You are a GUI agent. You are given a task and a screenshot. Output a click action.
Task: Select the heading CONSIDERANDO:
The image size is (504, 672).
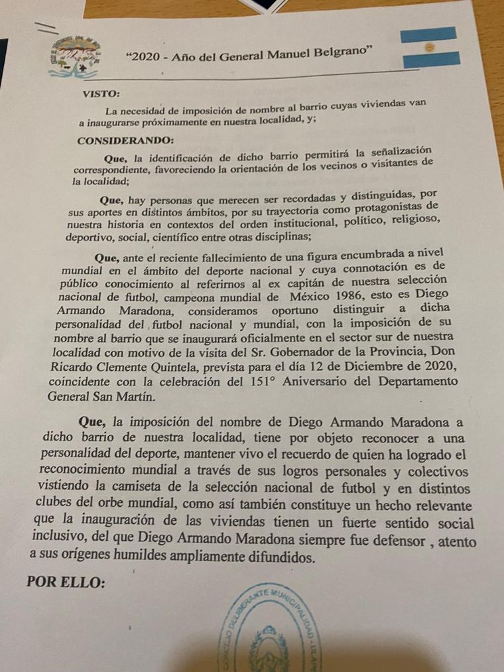tap(116, 141)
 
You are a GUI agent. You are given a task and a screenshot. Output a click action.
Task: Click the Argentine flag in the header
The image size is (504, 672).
tap(429, 47)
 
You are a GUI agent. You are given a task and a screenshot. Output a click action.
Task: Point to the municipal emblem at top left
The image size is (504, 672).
tap(75, 56)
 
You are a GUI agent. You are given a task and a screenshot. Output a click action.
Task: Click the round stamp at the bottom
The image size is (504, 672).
tap(271, 630)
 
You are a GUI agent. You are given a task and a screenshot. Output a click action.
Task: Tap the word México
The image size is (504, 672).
tap(274, 294)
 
